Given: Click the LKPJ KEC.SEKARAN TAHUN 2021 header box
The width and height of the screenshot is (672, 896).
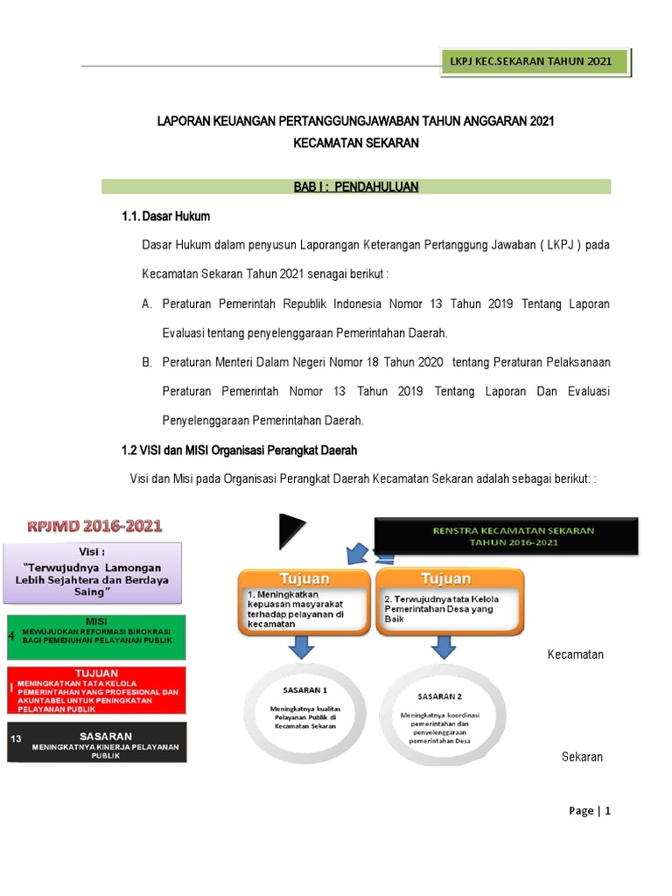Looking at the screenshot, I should (537, 63).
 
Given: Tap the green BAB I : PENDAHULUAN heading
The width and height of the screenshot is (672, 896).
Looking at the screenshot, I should (356, 186).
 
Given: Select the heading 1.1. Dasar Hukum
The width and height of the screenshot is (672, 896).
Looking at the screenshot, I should (166, 216).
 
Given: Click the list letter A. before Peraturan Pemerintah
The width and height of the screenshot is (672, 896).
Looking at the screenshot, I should (147, 304).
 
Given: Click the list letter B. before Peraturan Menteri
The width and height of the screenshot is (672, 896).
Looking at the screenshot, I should (147, 362).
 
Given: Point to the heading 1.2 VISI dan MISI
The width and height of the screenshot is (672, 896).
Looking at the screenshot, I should (239, 451).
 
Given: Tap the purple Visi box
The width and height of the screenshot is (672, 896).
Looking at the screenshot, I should (98, 572).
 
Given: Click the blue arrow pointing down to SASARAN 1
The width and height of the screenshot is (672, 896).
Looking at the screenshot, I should (300, 647).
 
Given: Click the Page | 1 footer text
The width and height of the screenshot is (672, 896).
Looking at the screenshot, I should (589, 810).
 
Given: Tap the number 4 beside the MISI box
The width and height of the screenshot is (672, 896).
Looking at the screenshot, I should (10, 635).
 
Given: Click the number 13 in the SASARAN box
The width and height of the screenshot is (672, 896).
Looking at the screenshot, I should (16, 738).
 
